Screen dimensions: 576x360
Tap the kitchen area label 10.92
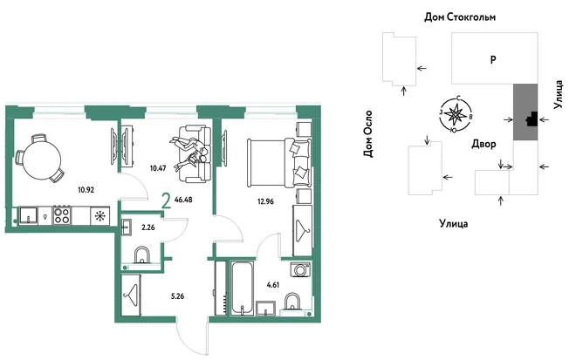pyautogui.click(x=86, y=190)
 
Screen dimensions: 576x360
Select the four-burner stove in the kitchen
pyautogui.click(x=62, y=215)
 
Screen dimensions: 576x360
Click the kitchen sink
pyautogui.click(x=29, y=215)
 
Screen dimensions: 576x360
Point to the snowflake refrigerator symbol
pyautogui.click(x=99, y=216)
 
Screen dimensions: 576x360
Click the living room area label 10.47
pyautogui.click(x=158, y=168)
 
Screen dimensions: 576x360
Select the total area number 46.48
pyautogui.click(x=183, y=200)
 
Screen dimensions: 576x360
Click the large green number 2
pyautogui.click(x=167, y=201)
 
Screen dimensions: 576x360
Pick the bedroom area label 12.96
pyautogui.click(x=265, y=201)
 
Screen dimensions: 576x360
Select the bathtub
pyautogui.click(x=242, y=288)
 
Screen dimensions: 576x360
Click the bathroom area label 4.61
pyautogui.click(x=273, y=285)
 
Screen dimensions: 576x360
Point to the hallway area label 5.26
pyautogui.click(x=178, y=296)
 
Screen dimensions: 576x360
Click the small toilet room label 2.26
pyautogui.click(x=148, y=228)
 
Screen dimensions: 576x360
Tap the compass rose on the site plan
pyautogui.click(x=456, y=114)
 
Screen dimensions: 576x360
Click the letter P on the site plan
pyautogui.click(x=493, y=59)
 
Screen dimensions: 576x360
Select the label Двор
pyautogui.click(x=483, y=144)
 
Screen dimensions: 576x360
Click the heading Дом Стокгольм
pyautogui.click(x=460, y=17)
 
